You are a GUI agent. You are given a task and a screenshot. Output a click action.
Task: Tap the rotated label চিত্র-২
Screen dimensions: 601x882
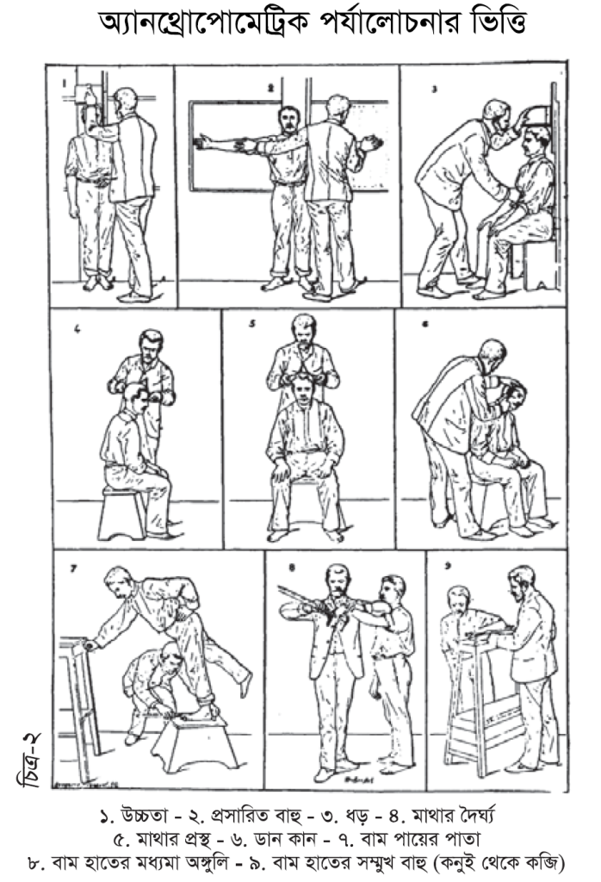point(30,761)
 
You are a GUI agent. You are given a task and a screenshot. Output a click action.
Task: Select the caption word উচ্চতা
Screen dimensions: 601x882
point(141,815)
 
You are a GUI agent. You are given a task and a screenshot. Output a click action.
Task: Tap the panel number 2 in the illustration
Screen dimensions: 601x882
point(270,88)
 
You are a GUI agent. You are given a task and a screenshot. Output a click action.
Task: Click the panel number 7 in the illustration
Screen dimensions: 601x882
point(72,568)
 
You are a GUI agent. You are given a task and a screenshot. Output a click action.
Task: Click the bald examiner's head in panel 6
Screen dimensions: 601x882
point(493,354)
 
